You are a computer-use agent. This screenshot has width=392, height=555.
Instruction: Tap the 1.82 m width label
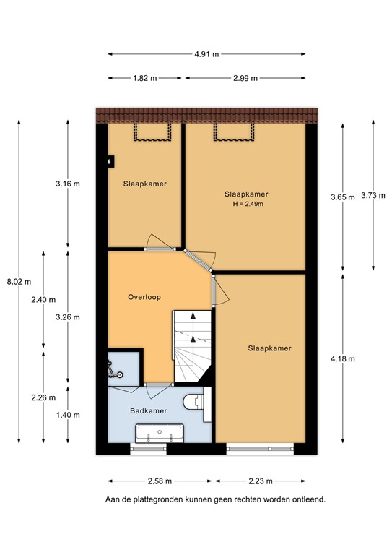[x=144, y=78]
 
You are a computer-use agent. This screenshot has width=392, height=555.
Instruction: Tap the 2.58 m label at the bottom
[x=160, y=481]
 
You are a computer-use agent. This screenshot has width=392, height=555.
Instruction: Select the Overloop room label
[x=144, y=297]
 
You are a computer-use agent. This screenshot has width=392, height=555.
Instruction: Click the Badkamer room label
[x=149, y=410]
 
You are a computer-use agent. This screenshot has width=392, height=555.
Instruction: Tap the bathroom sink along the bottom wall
[x=160, y=433]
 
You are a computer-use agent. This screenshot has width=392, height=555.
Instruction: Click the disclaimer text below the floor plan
[x=214, y=499]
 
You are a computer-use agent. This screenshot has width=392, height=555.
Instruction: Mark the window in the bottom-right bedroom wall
[x=261, y=448]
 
